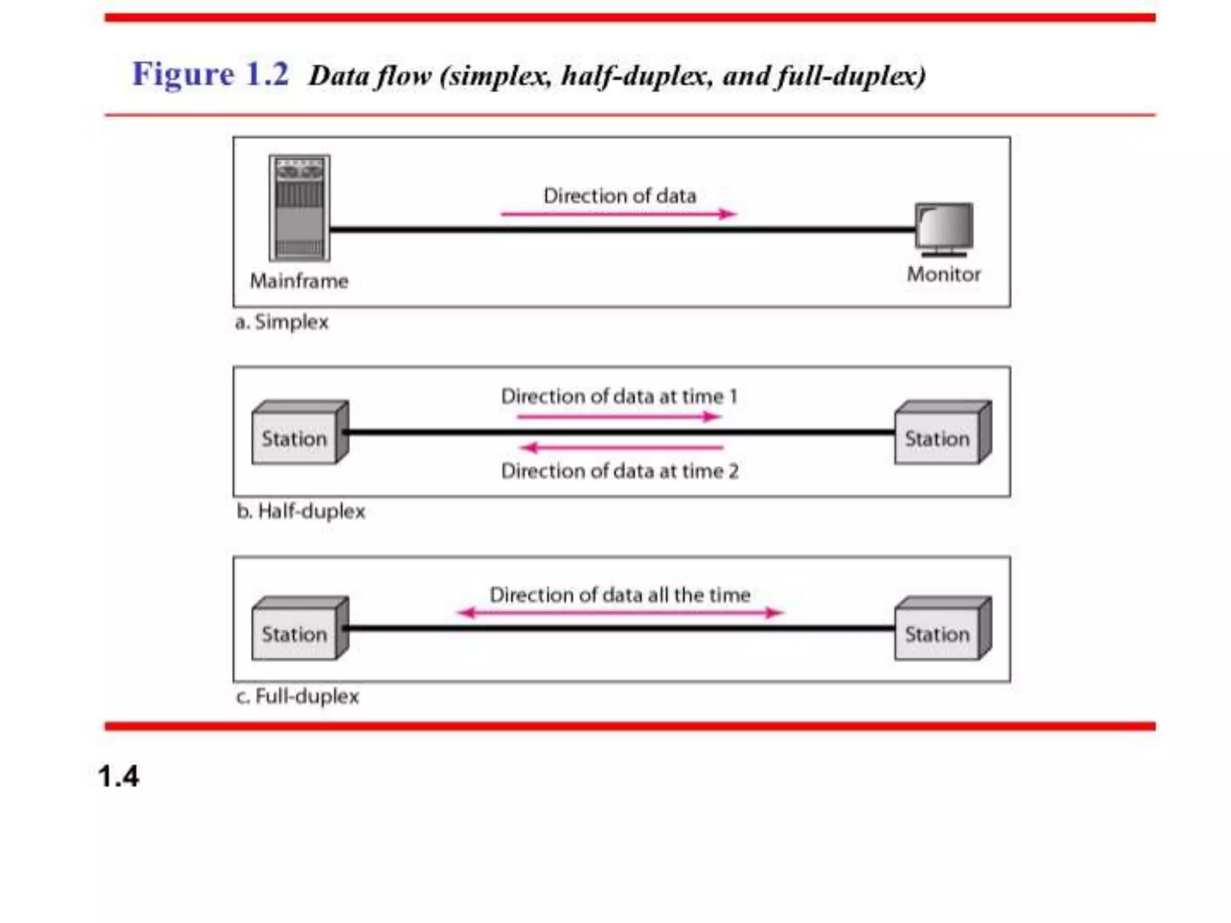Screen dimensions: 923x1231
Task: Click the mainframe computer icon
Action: coord(299,208)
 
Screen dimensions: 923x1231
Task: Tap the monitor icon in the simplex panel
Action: coord(944,228)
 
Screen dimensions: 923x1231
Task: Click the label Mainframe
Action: coord(299,281)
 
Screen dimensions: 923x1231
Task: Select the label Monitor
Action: coord(944,275)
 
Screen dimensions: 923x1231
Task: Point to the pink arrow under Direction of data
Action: coord(619,213)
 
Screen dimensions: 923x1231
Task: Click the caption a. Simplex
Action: coord(282,322)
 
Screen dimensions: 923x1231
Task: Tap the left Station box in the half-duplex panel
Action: coord(299,433)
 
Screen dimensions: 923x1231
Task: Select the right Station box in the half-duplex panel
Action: coord(942,433)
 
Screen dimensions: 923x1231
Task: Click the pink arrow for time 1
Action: coord(619,416)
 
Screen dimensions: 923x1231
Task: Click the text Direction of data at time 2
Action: coord(620,471)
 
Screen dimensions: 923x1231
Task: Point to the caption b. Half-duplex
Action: coord(301,511)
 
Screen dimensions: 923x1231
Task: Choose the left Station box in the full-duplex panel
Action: coord(299,629)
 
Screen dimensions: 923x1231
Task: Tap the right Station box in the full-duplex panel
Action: coord(942,629)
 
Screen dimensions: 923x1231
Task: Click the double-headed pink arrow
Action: coord(620,612)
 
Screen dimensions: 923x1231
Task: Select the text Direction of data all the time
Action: coord(620,595)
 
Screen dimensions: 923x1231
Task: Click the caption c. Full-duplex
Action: coord(298,696)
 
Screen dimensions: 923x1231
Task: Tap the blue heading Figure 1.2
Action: coord(210,74)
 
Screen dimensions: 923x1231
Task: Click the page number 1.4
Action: coord(118,776)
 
